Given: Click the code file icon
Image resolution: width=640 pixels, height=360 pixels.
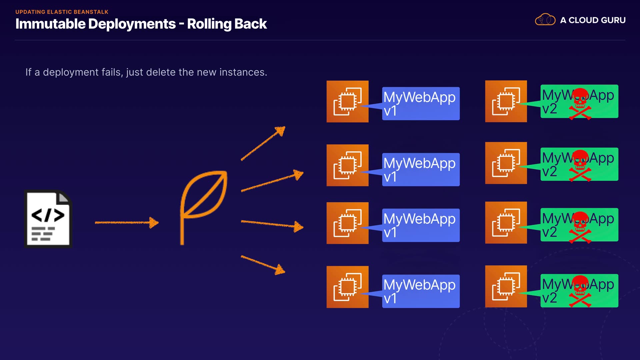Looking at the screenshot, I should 48,219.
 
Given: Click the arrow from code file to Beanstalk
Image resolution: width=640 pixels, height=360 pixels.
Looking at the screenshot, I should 127,222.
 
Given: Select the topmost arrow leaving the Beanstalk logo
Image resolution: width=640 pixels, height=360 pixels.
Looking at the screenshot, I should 263,143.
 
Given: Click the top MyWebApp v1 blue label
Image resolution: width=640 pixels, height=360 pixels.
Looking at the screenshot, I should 421,103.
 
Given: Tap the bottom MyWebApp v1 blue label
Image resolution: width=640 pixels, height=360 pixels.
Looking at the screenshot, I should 421,291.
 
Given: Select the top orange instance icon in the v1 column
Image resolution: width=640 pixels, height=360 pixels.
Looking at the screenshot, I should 347,101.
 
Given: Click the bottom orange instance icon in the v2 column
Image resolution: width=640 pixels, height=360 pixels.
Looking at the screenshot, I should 506,286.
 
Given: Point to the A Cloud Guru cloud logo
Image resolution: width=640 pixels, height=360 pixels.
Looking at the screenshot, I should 545,20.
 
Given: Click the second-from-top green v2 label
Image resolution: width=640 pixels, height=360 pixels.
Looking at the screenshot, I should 579,164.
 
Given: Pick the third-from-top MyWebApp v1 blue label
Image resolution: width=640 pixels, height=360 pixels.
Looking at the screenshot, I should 421,225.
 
